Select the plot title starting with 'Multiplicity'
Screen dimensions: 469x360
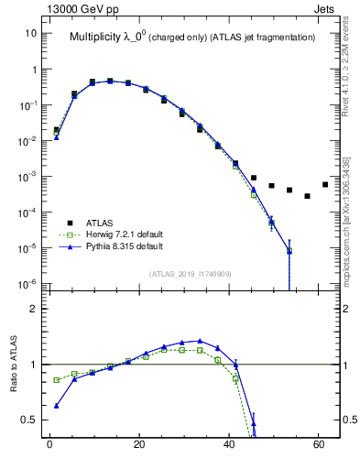[192, 38]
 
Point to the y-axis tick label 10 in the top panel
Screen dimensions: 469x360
[31, 34]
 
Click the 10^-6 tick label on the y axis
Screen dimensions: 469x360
[27, 283]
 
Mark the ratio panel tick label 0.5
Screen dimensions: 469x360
[29, 420]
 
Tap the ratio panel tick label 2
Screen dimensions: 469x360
[33, 309]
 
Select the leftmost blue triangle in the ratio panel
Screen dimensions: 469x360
[57, 406]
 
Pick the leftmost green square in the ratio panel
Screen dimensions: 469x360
[57, 379]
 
